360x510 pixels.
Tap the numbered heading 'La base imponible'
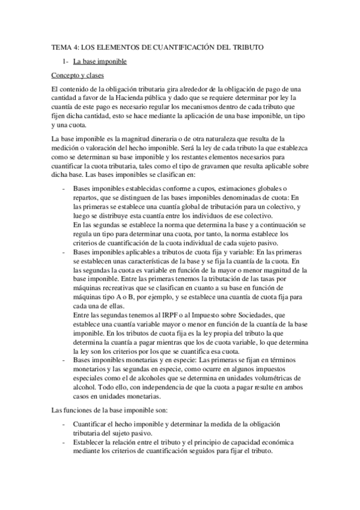tap(99, 61)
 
